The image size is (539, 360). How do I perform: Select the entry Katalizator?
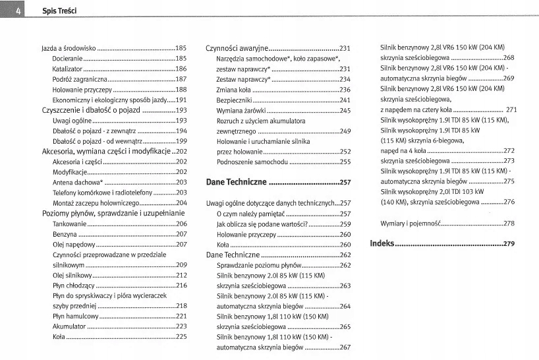click(67, 69)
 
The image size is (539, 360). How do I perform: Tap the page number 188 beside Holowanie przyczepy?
click(181, 89)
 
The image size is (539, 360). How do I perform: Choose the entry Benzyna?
click(65, 234)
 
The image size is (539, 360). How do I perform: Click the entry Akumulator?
click(69, 326)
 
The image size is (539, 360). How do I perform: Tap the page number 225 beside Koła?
click(181, 337)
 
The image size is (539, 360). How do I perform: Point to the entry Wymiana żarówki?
click(241, 110)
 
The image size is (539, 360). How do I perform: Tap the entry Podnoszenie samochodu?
click(252, 162)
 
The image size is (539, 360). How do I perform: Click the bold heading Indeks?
click(382, 243)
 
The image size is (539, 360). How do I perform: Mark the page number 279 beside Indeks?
click(508, 244)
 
